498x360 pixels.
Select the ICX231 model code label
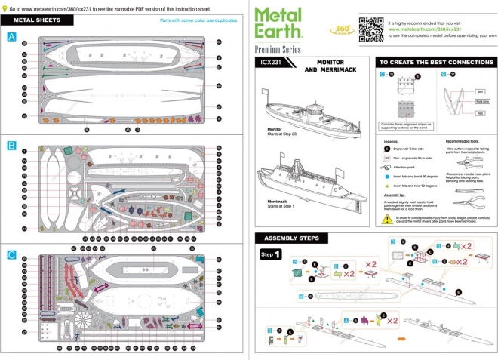coord(269,63)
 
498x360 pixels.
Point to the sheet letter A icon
coord(11,37)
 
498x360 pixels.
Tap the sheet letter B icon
coord(11,143)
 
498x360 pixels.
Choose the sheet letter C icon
coord(11,254)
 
